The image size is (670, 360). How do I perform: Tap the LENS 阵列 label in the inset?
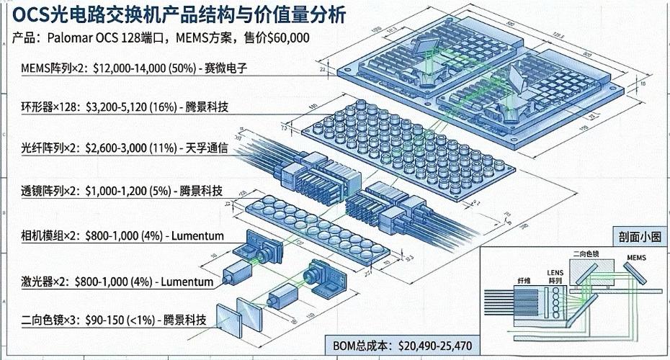coord(555,270)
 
